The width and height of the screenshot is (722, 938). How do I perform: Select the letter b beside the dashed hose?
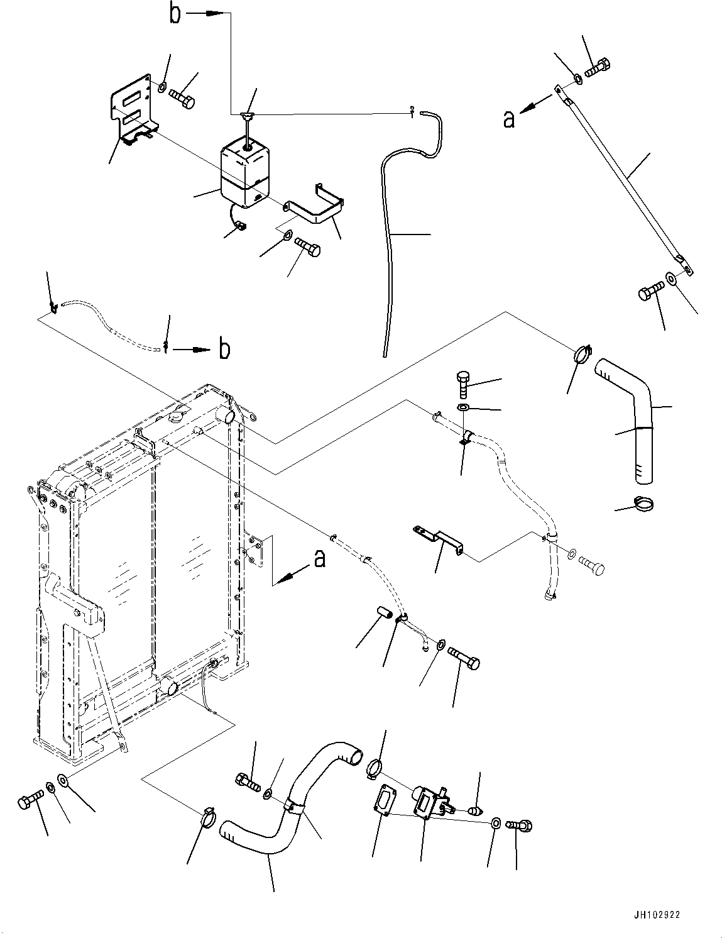point(224,349)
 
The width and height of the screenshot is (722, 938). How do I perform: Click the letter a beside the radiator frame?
point(319,558)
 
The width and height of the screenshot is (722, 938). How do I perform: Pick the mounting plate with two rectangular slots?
point(133,110)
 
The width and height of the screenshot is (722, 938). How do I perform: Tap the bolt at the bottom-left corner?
point(30,803)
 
